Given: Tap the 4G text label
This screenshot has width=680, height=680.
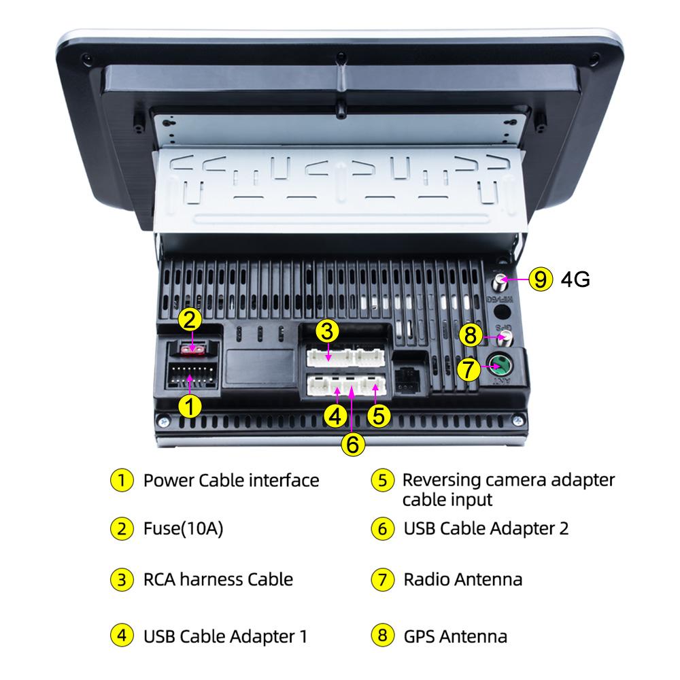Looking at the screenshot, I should pos(575,279).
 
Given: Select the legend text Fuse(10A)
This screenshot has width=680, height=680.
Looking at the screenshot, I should pos(183,528).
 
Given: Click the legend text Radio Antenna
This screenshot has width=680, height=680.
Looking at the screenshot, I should pos(463,579).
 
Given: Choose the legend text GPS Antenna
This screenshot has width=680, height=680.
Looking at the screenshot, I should pos(455,636).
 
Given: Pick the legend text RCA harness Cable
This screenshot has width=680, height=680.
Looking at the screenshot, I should pos(218,579).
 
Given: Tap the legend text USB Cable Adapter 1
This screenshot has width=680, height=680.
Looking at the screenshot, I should pos(226,636).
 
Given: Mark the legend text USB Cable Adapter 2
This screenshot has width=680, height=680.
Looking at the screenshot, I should pos(486,528).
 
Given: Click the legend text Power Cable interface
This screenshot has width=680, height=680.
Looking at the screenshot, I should pos(231,480).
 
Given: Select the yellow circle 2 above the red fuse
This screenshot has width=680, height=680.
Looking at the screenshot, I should pos(190,319).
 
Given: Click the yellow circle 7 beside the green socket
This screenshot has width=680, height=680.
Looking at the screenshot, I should pos(467,370).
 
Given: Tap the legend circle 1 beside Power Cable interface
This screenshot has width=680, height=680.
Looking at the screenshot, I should pos(120,480).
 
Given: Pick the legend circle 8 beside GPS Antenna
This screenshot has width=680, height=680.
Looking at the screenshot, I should pos(381,636).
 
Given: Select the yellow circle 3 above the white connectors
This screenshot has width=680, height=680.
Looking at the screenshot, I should pos(328,332).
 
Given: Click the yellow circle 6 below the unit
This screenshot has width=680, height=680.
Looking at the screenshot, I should pos(352,444).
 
